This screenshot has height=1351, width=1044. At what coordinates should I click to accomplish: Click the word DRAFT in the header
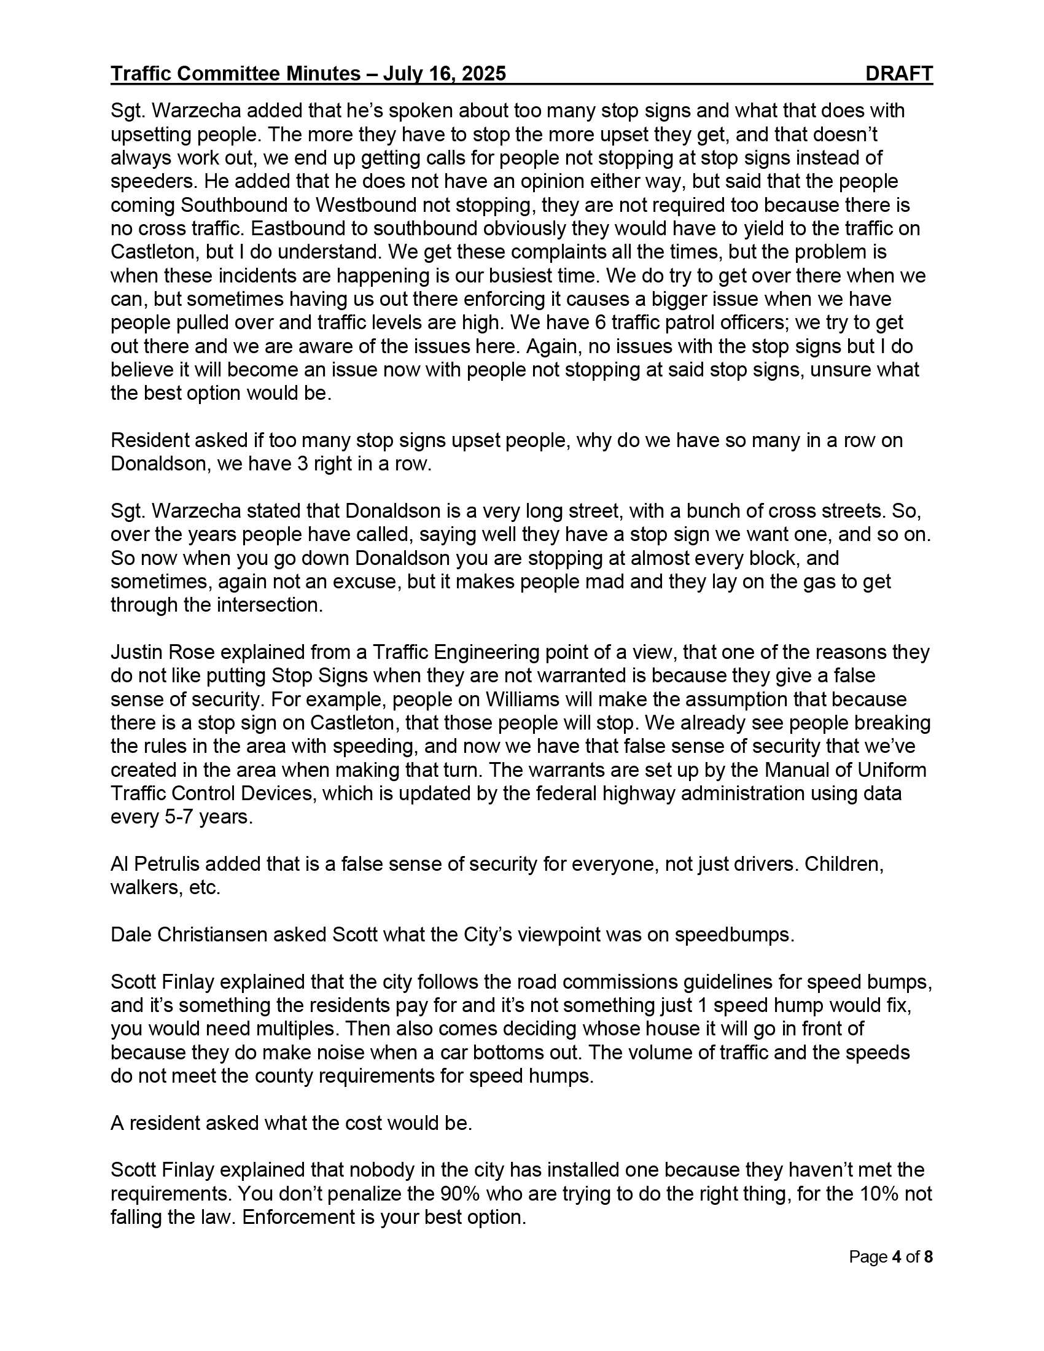pyautogui.click(x=898, y=74)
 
